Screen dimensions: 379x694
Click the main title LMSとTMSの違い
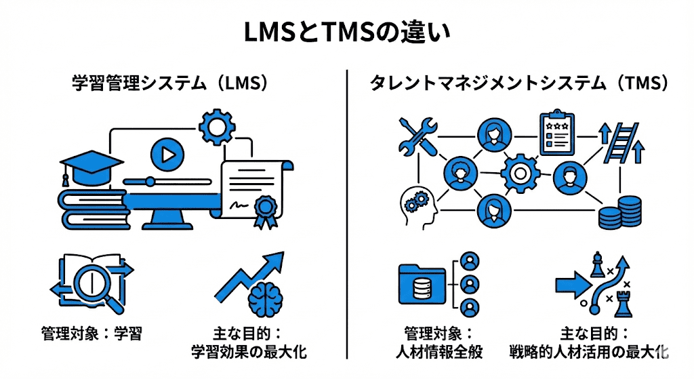pos(346,33)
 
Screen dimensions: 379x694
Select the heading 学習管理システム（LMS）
pos(169,83)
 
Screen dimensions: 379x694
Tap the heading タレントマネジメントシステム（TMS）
pos(520,83)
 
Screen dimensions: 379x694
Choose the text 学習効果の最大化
pos(253,352)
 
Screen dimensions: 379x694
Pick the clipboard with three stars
pos(556,134)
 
